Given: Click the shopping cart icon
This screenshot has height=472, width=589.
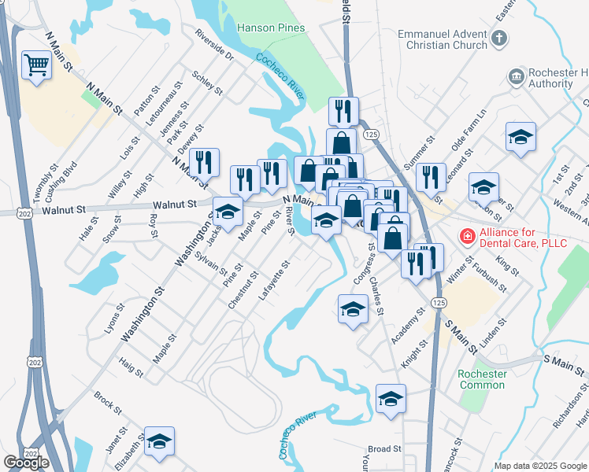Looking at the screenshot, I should tap(35, 65).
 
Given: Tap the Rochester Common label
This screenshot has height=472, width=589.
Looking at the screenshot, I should tap(481, 379).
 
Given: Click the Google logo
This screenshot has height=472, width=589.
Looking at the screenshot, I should tap(26, 463).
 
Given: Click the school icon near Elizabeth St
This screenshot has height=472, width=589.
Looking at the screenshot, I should tap(159, 443).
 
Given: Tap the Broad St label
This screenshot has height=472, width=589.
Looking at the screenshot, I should tap(384, 448).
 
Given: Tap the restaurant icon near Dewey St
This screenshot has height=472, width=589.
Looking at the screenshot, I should tap(204, 163).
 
